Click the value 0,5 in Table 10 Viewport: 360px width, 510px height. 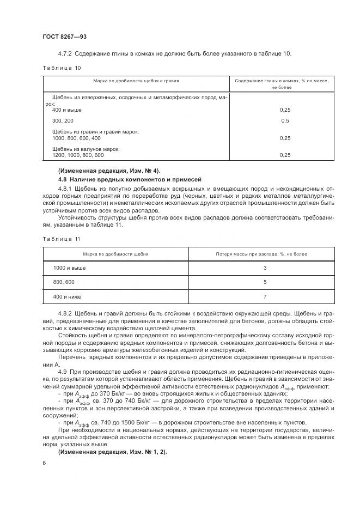[284, 120]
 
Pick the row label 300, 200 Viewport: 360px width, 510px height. [61, 120]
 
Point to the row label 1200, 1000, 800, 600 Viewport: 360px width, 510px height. [78, 155]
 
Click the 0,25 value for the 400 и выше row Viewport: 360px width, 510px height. [284, 110]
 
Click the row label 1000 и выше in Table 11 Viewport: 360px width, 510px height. [69, 268]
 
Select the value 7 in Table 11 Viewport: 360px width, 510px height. [264, 297]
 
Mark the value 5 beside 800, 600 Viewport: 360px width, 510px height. [264, 282]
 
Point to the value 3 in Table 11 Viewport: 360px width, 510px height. [264, 268]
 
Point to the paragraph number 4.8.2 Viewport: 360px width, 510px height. [66, 314]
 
